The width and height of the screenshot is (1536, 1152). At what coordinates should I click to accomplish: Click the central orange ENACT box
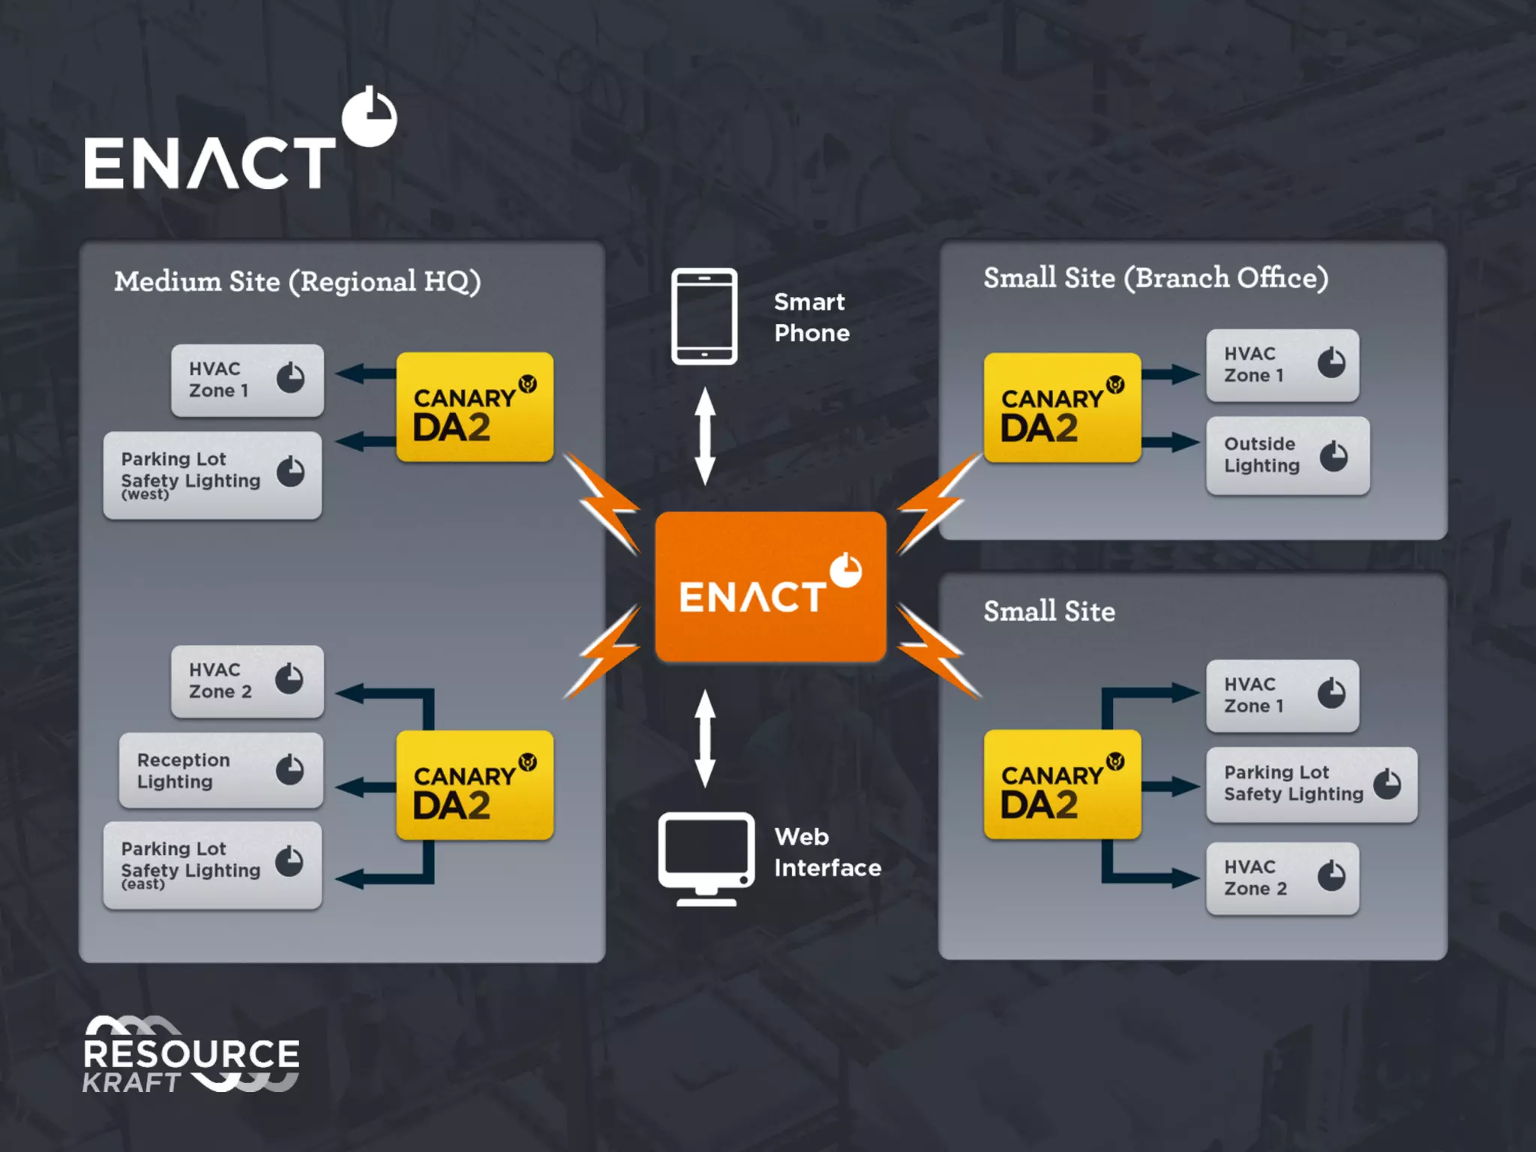(x=770, y=586)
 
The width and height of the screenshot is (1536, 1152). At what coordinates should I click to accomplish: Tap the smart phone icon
(x=703, y=316)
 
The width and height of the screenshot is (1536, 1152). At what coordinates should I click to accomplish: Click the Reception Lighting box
(x=221, y=770)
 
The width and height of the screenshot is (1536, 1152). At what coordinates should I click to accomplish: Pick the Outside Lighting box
(x=1287, y=455)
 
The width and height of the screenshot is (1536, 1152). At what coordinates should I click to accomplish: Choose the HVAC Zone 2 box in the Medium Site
(x=247, y=681)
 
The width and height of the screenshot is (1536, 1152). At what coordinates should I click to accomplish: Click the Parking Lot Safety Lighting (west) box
(x=212, y=475)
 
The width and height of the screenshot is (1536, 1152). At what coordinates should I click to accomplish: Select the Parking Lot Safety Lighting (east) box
(x=212, y=865)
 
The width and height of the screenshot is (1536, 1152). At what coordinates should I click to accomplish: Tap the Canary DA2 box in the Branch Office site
(x=1062, y=407)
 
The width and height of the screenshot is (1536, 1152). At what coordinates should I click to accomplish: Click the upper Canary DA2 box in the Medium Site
(x=475, y=406)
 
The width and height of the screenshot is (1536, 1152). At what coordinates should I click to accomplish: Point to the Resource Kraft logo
(x=190, y=1054)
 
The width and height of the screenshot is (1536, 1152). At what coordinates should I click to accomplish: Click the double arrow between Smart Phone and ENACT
(x=704, y=436)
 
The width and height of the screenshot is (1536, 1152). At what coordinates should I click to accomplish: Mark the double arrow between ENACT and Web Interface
(x=704, y=738)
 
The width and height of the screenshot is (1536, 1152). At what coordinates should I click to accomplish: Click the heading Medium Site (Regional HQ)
(x=297, y=282)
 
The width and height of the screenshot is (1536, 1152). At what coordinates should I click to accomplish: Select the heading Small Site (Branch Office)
(x=1155, y=278)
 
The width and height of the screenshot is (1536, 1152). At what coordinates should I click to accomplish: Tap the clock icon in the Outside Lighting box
(x=1333, y=455)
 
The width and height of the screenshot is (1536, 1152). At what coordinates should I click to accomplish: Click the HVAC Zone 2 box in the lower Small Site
(x=1282, y=877)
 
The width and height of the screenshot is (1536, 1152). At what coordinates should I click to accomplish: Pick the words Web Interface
(x=827, y=852)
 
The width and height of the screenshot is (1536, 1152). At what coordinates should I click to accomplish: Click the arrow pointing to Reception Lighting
(x=365, y=787)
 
